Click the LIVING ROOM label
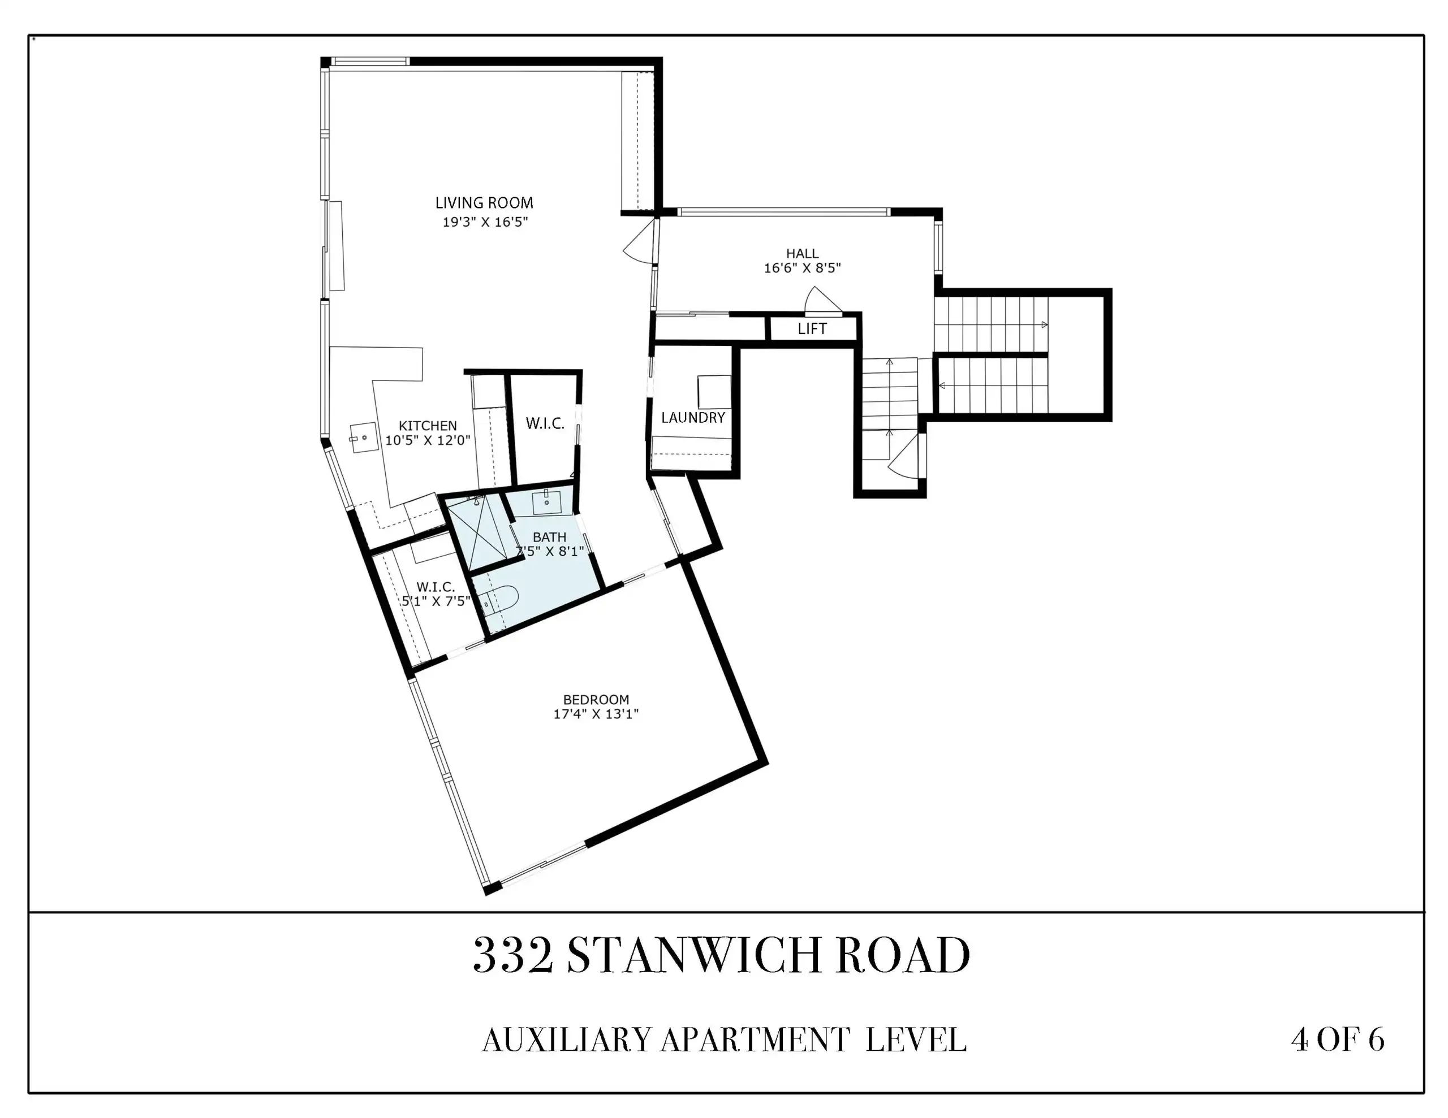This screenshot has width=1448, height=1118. [x=484, y=203]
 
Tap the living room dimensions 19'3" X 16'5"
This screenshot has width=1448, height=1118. [x=485, y=222]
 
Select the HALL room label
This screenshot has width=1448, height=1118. [x=802, y=253]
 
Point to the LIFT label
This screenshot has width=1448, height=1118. [x=812, y=329]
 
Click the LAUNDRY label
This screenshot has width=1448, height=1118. [x=693, y=418]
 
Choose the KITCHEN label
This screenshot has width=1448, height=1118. [x=428, y=426]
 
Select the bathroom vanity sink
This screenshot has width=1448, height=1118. [x=547, y=502]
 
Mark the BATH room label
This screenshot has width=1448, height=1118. [x=550, y=537]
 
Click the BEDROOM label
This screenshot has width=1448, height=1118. [x=596, y=699]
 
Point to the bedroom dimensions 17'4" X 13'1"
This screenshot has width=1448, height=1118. [x=596, y=714]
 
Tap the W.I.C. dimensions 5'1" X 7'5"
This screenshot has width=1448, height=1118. [x=436, y=601]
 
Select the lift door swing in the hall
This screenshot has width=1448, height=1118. [x=822, y=300]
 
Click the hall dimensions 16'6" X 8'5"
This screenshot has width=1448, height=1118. [x=802, y=268]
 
